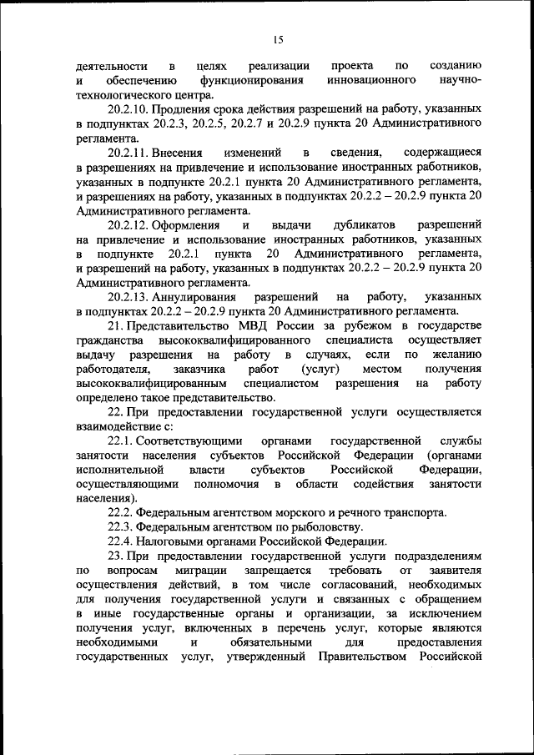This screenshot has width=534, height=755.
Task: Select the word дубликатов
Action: (x=363, y=225)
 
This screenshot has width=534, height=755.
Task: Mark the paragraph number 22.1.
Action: (x=119, y=440)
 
